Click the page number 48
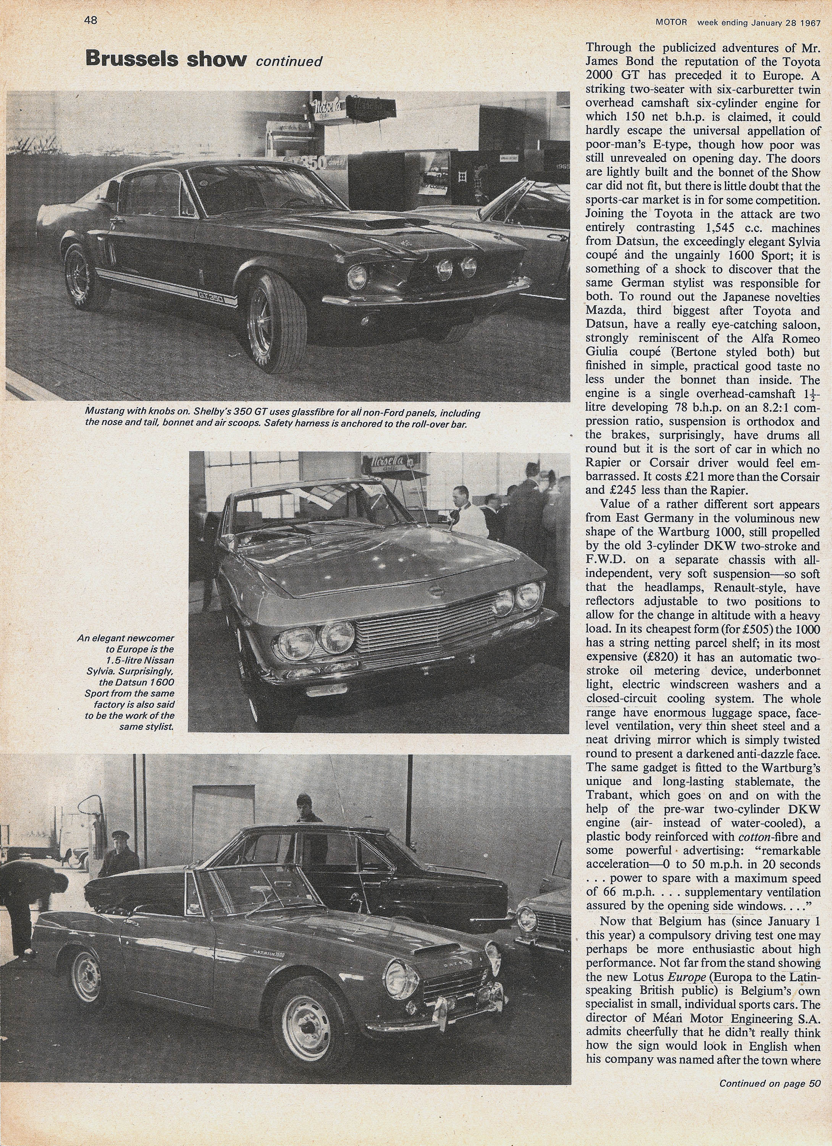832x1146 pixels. [x=90, y=21]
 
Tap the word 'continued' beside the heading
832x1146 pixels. [x=289, y=62]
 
